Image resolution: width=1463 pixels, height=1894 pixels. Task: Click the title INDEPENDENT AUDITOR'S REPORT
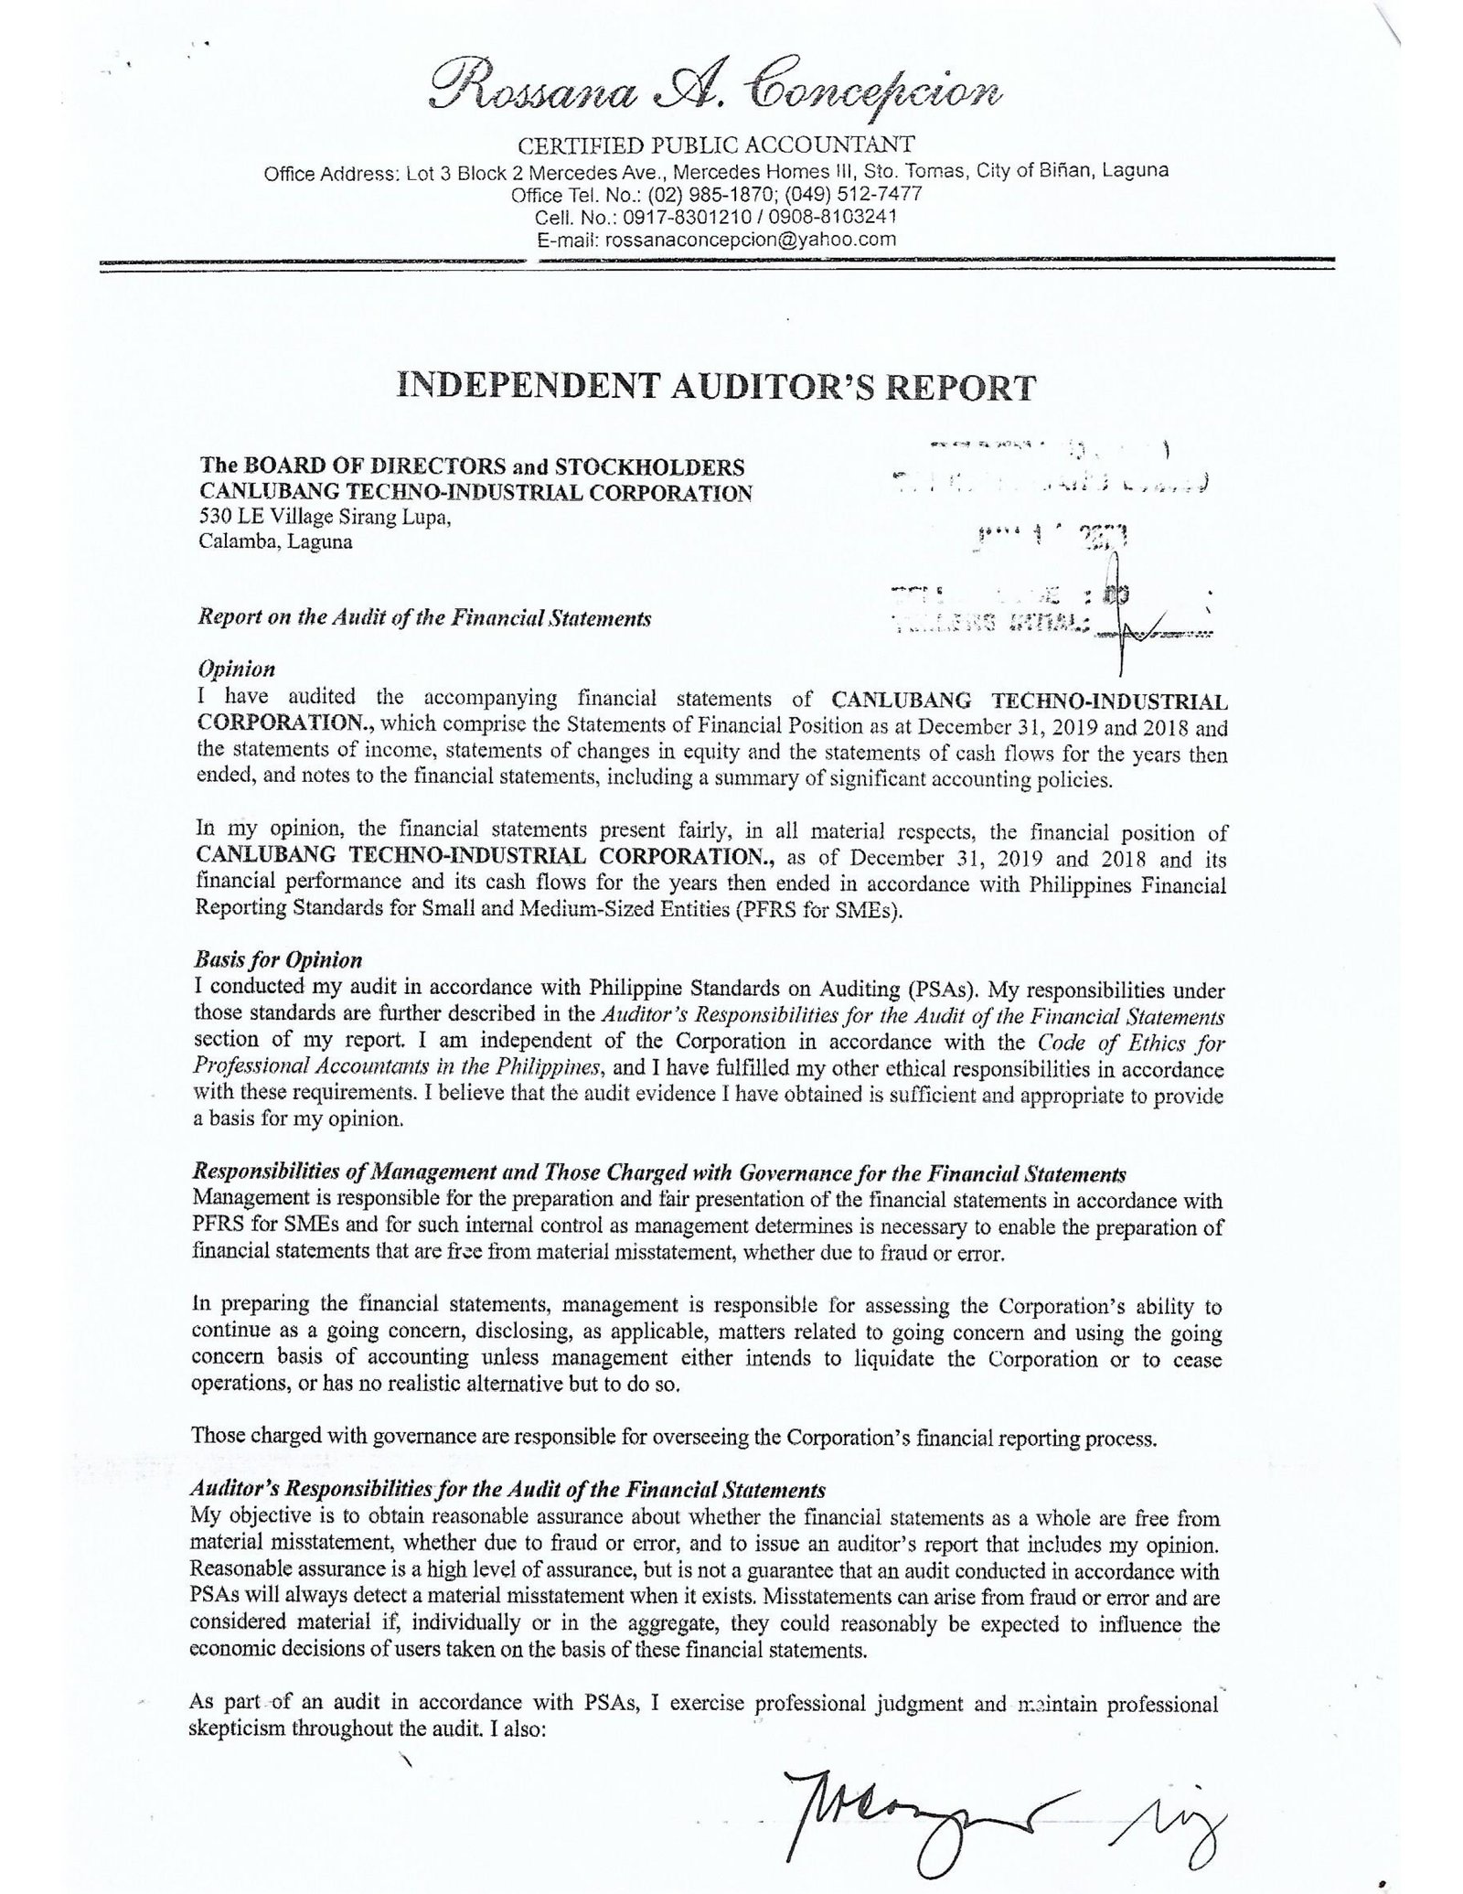(x=716, y=387)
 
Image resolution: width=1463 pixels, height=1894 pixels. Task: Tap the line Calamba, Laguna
(x=275, y=541)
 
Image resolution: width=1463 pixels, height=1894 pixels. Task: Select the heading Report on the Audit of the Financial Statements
(x=424, y=618)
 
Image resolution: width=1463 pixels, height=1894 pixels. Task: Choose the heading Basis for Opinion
(x=278, y=959)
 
